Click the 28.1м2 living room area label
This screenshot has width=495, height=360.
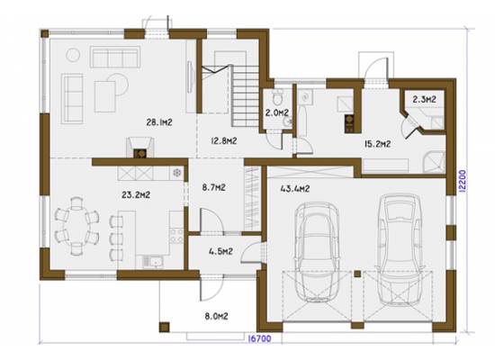[x=159, y=122]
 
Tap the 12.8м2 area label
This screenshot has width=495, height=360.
[x=224, y=140]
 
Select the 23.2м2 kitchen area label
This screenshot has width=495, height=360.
[x=136, y=194]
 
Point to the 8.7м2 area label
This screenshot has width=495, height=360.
[x=213, y=187]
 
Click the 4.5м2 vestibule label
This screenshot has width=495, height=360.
[x=220, y=251]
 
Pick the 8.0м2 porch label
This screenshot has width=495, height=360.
[x=216, y=316]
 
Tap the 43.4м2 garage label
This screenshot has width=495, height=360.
[x=295, y=189]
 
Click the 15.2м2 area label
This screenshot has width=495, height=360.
[x=378, y=144]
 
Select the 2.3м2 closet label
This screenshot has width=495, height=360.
[x=424, y=100]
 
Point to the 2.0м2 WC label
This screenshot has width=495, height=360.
[x=277, y=112]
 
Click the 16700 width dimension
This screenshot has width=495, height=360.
[x=259, y=338]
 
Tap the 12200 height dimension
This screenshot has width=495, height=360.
[x=462, y=181]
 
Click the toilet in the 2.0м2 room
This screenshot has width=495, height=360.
[x=278, y=97]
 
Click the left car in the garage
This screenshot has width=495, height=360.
[x=317, y=252]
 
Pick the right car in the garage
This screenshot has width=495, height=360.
[x=400, y=249]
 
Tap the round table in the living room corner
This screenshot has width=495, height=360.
[x=73, y=55]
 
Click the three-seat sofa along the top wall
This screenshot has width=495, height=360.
[x=115, y=57]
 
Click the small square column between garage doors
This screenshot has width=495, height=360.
[x=357, y=274]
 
